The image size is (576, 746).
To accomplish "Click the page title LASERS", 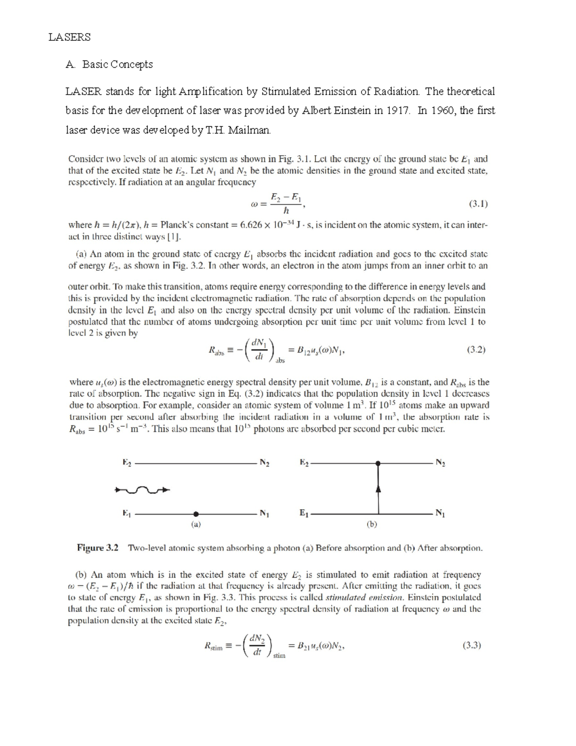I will tap(69, 37).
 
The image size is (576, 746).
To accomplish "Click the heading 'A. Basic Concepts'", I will tap(109, 64).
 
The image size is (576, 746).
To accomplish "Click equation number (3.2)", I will tap(476, 350).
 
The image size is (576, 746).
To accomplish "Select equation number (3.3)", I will tap(472, 645).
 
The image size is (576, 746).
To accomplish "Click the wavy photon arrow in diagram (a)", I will tap(143, 490).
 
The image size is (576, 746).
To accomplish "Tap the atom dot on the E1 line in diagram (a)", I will tap(196, 514).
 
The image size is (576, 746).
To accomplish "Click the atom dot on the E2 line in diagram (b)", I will tap(378, 463).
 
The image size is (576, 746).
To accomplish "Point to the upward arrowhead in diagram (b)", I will tap(378, 489).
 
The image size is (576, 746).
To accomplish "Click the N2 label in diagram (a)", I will tap(264, 463).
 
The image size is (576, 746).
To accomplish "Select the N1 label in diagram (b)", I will tap(440, 514).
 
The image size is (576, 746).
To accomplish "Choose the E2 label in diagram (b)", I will tap(304, 463).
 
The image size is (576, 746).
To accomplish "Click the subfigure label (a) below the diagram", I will tap(196, 525).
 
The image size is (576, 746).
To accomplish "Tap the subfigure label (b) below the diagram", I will tap(372, 525).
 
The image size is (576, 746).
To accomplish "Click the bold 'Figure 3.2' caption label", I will tap(98, 548).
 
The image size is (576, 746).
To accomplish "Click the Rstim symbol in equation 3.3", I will tap(213, 647).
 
